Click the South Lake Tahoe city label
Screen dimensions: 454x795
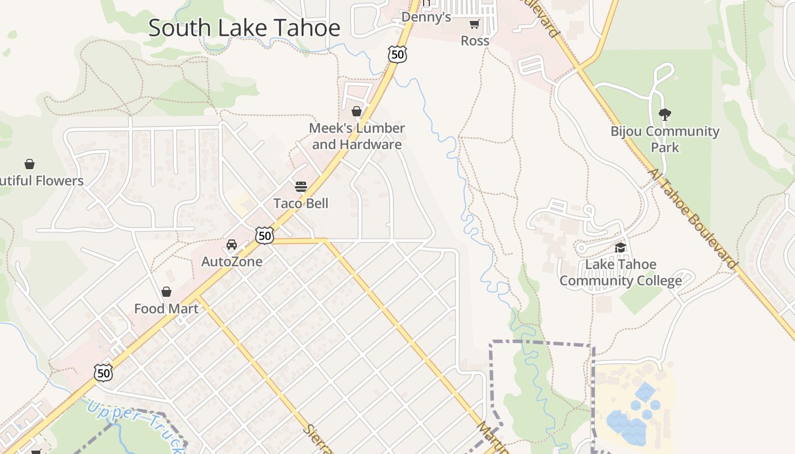[x=244, y=28]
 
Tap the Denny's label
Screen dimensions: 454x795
[x=426, y=17]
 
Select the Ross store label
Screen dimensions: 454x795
[x=475, y=41]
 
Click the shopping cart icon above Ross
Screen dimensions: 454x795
[x=475, y=24]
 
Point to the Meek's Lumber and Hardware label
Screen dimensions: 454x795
[x=357, y=136]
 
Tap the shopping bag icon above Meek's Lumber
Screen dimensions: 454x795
[x=357, y=111]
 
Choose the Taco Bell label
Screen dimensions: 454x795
[x=301, y=203]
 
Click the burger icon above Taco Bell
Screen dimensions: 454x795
[x=301, y=187]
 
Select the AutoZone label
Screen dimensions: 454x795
[x=232, y=262]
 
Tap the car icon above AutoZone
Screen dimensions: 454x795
[x=232, y=245]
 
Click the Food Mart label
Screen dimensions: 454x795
[x=166, y=309]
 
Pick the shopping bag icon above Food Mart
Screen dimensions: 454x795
[x=166, y=292]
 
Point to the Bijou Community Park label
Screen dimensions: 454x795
[x=665, y=139]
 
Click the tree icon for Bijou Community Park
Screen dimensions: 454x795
[x=664, y=115]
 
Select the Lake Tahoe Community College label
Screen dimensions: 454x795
[x=621, y=272]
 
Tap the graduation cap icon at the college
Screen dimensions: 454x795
[x=621, y=248]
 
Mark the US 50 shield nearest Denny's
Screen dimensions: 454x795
[x=398, y=54]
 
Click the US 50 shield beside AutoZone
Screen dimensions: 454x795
[x=265, y=236]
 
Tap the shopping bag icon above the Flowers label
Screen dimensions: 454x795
[x=30, y=164]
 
